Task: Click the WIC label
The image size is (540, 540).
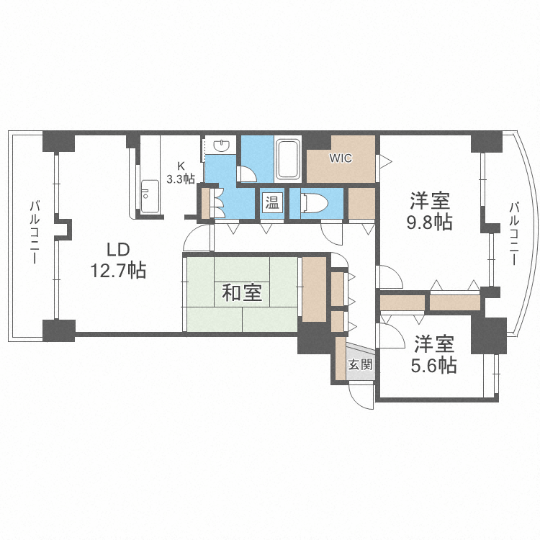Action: (341, 158)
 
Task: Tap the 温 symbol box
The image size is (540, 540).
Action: (272, 202)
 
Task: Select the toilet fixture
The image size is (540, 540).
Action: (312, 203)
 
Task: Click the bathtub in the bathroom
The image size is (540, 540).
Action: (289, 159)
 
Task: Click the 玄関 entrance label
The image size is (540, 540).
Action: (360, 364)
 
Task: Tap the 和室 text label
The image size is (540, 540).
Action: (241, 293)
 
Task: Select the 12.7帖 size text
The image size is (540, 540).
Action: (118, 271)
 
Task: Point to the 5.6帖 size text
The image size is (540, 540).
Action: (433, 366)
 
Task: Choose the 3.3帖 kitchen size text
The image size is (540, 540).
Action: (181, 178)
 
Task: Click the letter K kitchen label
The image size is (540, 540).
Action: (181, 165)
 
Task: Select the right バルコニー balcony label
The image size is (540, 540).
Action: (513, 233)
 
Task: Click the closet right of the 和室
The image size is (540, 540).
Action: (313, 288)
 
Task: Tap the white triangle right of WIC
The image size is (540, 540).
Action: (385, 160)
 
